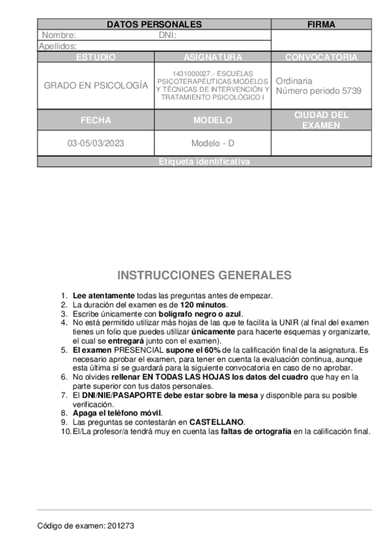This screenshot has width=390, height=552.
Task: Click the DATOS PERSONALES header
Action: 154,25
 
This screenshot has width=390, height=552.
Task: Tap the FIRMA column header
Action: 321,25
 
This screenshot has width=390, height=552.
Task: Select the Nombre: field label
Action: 59,35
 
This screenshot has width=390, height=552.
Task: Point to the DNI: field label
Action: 167,35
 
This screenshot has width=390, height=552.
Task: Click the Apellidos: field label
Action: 58,46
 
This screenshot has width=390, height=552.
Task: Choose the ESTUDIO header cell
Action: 96,57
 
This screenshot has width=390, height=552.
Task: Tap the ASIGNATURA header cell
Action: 213,57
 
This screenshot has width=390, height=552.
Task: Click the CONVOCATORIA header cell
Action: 321,57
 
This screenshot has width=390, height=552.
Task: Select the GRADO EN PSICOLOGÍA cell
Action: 96,85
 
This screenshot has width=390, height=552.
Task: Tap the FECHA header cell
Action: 96,120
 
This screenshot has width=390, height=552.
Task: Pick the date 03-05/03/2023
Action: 96,143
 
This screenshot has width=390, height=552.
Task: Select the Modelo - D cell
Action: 213,143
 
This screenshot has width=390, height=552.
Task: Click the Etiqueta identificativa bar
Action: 204,162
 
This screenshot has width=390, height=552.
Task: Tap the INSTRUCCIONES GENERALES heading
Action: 204,275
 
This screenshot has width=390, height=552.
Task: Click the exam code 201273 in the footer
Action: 120,525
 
